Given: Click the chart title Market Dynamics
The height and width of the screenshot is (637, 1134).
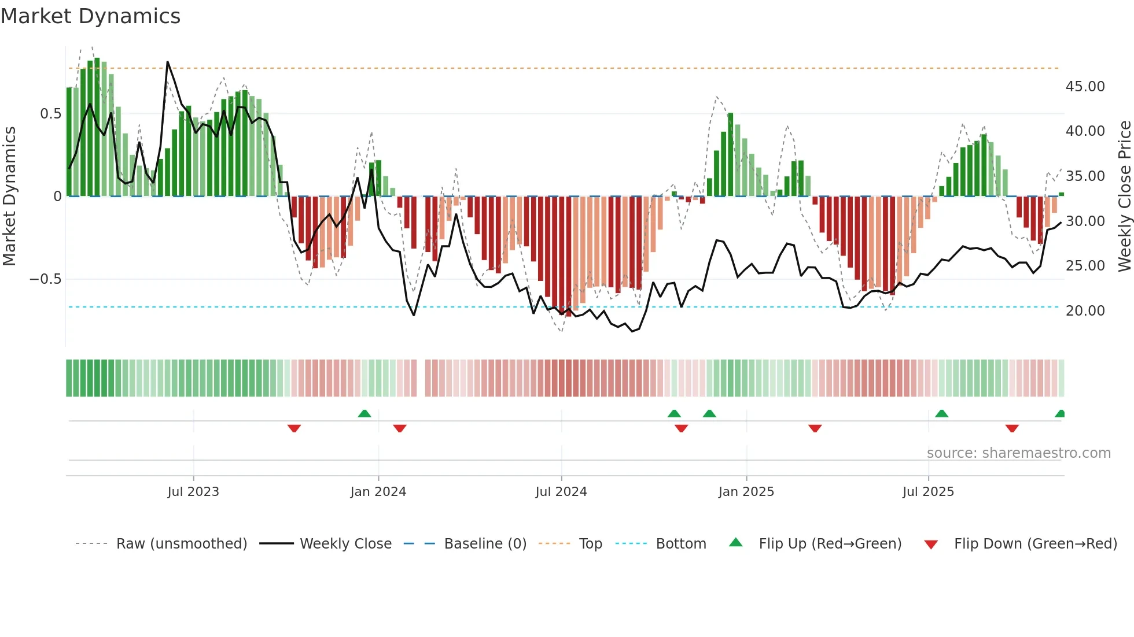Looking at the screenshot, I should point(90,16).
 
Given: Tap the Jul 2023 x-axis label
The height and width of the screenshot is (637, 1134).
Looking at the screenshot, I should point(193,492).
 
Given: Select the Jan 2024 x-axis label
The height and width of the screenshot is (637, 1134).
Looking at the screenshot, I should point(378,492).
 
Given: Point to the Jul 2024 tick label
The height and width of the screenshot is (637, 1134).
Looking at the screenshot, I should point(561,492).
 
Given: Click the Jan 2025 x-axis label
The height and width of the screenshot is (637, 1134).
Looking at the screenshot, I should point(746,492).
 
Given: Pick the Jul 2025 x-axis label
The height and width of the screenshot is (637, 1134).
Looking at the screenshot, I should point(928,492).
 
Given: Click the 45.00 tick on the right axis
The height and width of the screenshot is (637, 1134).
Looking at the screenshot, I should point(1085,87).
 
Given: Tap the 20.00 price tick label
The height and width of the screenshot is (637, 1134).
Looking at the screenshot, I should point(1085,311).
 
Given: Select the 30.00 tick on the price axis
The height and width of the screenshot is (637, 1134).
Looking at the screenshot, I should point(1085,221).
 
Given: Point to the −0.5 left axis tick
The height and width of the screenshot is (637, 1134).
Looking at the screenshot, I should point(45,279).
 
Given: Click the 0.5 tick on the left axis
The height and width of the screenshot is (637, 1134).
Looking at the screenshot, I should point(50,114).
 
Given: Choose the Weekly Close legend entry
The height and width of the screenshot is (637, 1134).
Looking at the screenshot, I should point(345,544).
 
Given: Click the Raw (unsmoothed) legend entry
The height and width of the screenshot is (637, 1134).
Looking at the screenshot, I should point(181,544).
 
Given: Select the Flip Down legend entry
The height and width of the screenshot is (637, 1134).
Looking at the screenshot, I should point(1035,544).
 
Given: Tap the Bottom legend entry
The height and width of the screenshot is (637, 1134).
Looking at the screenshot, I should point(680,544).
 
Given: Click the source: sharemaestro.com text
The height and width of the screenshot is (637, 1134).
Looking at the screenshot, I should point(1018,453).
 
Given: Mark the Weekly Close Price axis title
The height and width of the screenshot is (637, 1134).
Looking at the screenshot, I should point(1124,197).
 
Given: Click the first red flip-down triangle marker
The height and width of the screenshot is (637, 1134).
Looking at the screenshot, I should point(294,428).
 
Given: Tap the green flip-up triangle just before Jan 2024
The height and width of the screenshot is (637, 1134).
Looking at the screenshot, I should point(364,413).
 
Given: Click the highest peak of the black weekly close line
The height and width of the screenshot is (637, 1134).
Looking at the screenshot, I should point(168,62).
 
